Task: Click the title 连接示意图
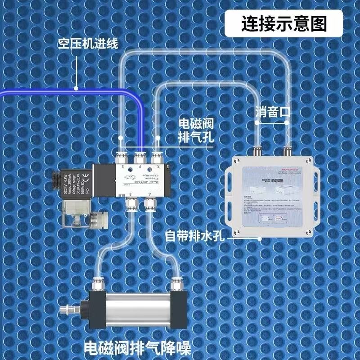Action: (283, 23)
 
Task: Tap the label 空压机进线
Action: (87, 45)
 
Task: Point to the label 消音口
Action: (272, 111)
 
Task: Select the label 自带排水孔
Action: (195, 235)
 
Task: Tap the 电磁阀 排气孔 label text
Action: (196, 130)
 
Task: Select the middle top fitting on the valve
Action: (139, 157)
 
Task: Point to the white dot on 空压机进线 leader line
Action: (76, 89)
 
